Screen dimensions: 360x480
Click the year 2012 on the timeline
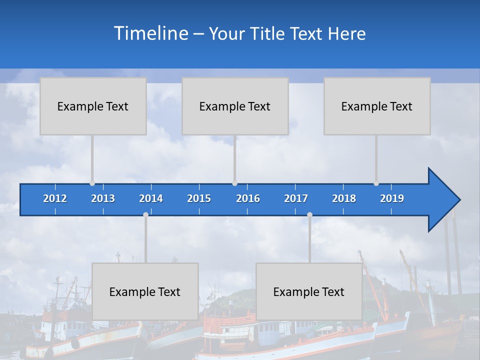55,198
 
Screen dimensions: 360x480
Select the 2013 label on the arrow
103,198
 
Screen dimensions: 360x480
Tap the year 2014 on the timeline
151,198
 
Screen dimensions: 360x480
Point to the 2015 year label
199,198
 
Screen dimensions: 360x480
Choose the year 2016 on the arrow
248,198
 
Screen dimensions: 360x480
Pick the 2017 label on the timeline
296,198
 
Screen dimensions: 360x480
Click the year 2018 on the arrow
344,198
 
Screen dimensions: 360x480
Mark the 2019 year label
392,198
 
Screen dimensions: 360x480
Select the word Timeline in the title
150,33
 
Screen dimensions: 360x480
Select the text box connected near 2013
93,106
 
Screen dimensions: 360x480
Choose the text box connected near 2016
235,106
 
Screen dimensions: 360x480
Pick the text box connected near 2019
377,106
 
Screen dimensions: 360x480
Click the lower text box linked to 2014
145,291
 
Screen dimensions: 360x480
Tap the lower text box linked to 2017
309,291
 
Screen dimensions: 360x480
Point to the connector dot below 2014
145,214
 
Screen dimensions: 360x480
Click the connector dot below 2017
309,214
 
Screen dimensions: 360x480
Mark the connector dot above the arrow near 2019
376,183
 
